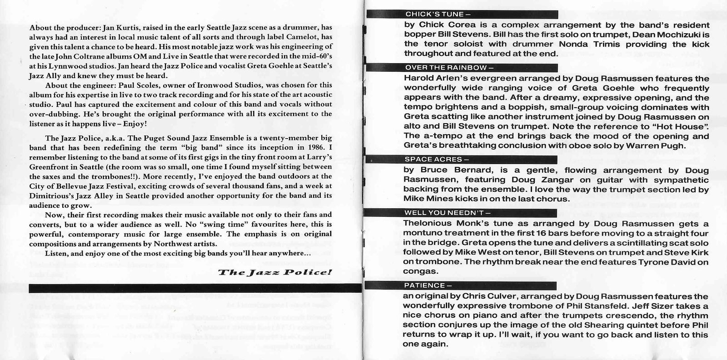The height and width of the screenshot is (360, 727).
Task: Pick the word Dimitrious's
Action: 49,195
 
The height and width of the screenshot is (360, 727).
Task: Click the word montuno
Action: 424,233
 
